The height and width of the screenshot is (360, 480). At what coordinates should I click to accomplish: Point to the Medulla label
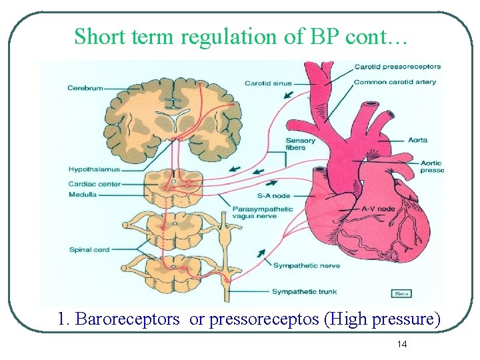(x=82, y=195)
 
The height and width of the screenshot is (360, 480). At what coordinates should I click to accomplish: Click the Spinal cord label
(x=88, y=250)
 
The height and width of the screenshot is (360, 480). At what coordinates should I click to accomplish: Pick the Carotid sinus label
(x=267, y=83)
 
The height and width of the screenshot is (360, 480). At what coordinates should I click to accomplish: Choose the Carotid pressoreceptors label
(x=397, y=67)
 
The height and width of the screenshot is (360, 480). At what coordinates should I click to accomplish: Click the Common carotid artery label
(x=395, y=82)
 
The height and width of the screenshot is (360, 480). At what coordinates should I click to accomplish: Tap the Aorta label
(x=417, y=141)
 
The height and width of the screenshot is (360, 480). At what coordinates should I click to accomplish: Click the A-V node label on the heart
(x=378, y=209)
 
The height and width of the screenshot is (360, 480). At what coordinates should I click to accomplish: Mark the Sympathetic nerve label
(x=306, y=265)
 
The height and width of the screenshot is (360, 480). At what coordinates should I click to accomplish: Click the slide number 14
(x=402, y=344)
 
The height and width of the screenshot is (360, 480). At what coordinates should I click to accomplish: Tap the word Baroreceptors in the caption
(x=127, y=319)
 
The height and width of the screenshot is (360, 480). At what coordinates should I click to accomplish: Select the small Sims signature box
(x=401, y=293)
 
